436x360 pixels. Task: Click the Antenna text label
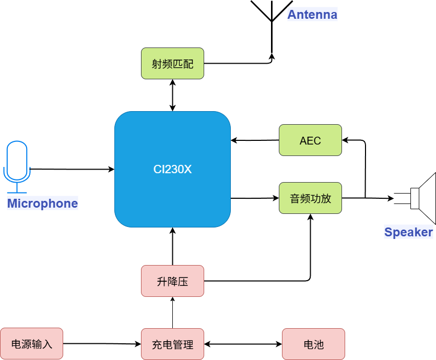pyautogui.click(x=312, y=14)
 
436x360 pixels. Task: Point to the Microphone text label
pyautogui.click(x=42, y=203)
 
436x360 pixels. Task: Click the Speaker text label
pyautogui.click(x=408, y=232)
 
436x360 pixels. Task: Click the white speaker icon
pyautogui.click(x=424, y=198)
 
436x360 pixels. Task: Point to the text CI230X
pyautogui.click(x=172, y=170)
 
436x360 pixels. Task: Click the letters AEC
pyautogui.click(x=310, y=141)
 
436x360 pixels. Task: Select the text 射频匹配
pyautogui.click(x=172, y=64)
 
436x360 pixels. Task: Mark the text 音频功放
pyautogui.click(x=310, y=199)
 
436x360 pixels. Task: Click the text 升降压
pyautogui.click(x=172, y=282)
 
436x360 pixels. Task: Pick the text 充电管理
pyautogui.click(x=172, y=345)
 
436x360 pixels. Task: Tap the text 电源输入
pyautogui.click(x=31, y=345)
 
